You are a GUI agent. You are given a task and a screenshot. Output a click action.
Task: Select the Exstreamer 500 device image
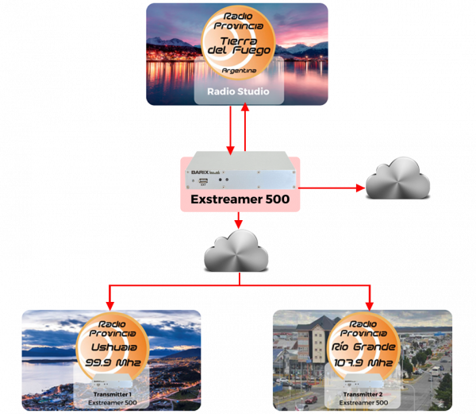point(237,176)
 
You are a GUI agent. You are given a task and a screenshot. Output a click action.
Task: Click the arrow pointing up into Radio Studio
point(245,127)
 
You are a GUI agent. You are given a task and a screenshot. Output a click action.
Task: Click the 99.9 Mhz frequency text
point(111,363)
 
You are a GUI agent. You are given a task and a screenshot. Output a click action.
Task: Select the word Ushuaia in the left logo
point(111,346)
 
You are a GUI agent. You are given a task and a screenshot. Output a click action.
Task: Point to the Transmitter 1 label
point(110,394)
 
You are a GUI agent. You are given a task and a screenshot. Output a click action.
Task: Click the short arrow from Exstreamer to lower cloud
point(239,220)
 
